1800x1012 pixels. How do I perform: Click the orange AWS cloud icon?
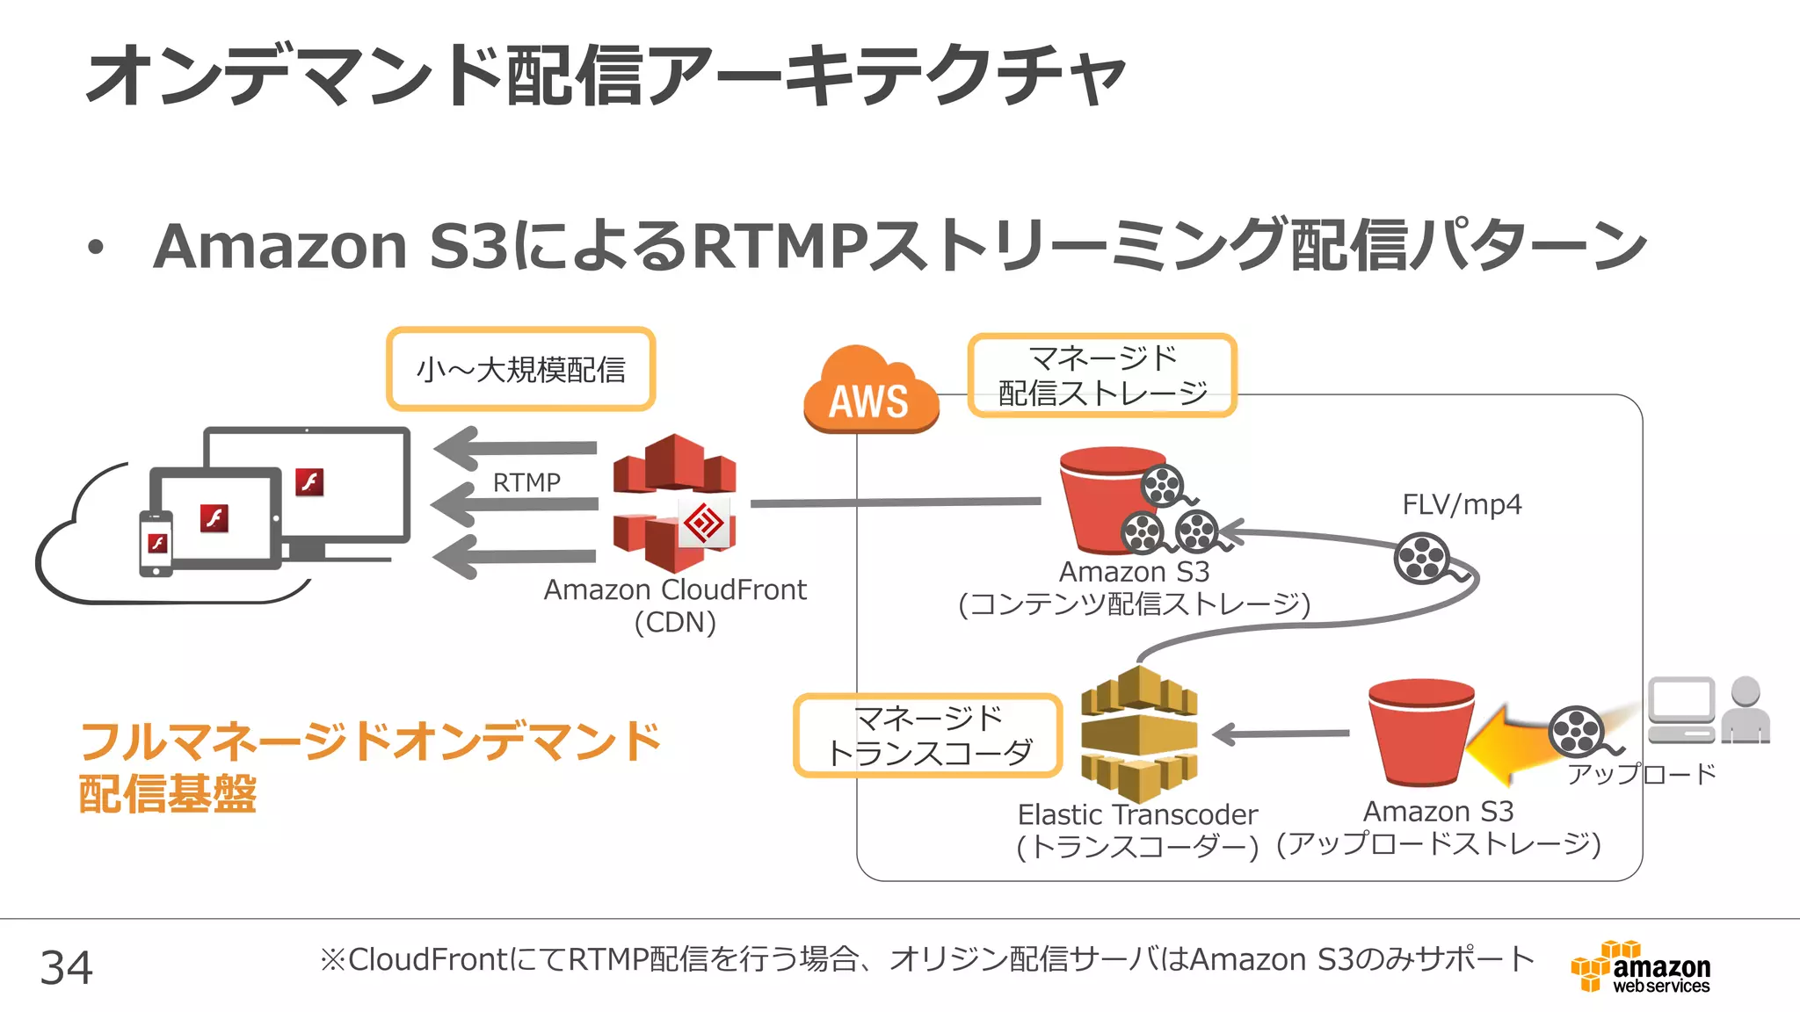870,392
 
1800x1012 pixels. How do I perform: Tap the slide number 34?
66,967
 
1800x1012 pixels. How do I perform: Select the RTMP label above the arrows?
526,482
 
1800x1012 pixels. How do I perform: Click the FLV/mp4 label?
1461,504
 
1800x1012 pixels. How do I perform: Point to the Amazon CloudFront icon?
675,502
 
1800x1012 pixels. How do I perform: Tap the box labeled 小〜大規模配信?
520,369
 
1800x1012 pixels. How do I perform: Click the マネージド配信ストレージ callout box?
1102,375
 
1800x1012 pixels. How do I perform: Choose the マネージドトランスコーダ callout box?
927,735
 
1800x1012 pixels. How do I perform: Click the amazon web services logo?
1640,967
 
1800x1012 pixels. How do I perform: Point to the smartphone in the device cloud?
156,544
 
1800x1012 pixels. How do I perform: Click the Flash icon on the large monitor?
309,481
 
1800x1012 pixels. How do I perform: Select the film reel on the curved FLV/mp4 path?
1422,558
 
